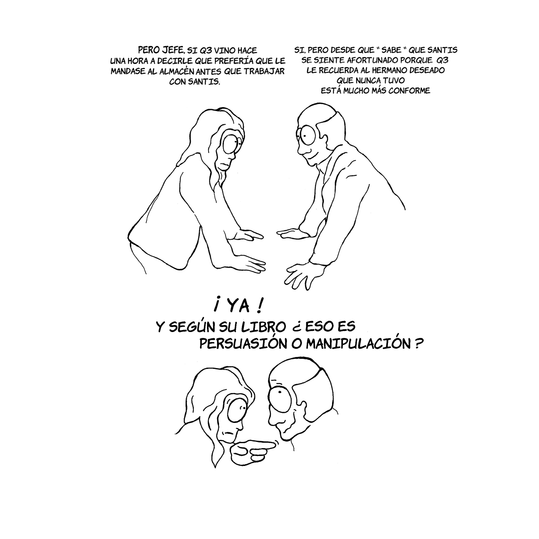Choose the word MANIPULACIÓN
point(356,344)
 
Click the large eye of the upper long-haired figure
point(232,143)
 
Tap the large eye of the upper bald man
point(308,134)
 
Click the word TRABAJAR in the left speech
point(269,71)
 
